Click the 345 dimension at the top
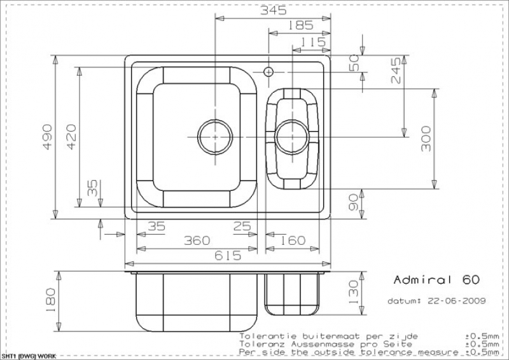(274, 10)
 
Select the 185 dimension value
(300, 25)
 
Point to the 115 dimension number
(313, 42)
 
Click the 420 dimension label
(71, 137)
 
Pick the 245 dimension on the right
(396, 71)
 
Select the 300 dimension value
(426, 139)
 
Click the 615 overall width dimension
(228, 256)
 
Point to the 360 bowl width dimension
(197, 240)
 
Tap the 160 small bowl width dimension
(293, 240)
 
